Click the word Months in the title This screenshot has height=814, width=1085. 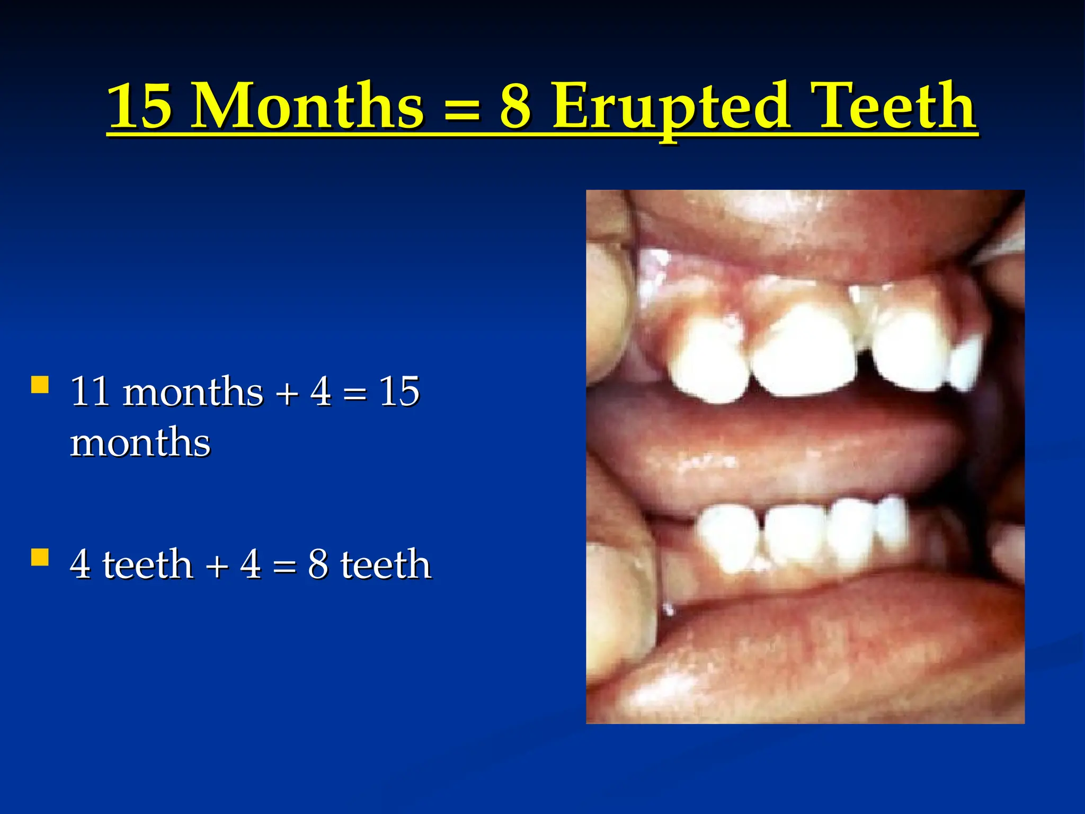click(x=307, y=106)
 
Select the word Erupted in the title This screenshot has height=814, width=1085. click(x=671, y=106)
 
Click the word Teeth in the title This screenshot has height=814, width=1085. click(x=895, y=106)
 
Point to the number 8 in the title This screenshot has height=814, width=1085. click(x=515, y=106)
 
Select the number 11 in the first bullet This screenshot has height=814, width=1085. click(x=90, y=392)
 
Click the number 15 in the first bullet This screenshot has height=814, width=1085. click(x=399, y=392)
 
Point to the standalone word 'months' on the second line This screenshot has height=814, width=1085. click(x=140, y=443)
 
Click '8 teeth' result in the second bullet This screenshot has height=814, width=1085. click(x=369, y=564)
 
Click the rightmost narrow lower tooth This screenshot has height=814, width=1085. click(x=893, y=522)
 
